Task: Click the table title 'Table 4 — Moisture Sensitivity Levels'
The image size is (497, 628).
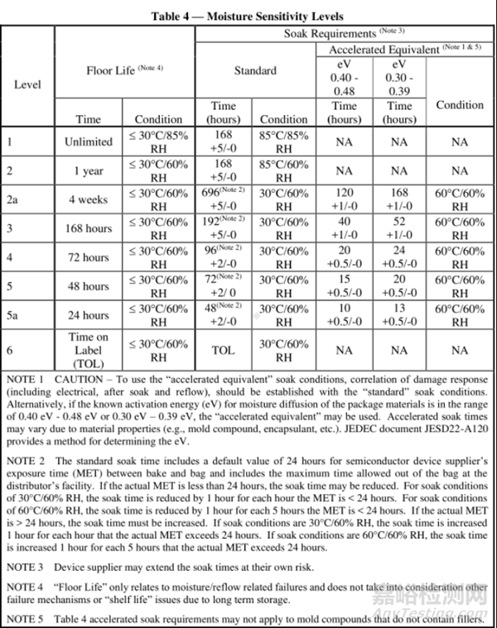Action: click(248, 16)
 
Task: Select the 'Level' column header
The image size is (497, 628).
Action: click(27, 84)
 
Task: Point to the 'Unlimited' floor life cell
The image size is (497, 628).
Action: click(89, 141)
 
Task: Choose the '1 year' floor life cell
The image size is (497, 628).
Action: click(89, 170)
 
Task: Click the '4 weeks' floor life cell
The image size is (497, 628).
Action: click(89, 199)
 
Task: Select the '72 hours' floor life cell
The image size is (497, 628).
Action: click(89, 257)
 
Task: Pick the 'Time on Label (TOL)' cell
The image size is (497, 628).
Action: click(89, 350)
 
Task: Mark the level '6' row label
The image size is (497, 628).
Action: click(12, 350)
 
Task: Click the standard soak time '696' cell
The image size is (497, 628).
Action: click(223, 199)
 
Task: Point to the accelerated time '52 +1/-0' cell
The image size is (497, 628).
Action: click(399, 228)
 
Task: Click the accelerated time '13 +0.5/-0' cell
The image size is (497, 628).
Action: click(399, 315)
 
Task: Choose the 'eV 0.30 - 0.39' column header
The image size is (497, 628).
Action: click(399, 78)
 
